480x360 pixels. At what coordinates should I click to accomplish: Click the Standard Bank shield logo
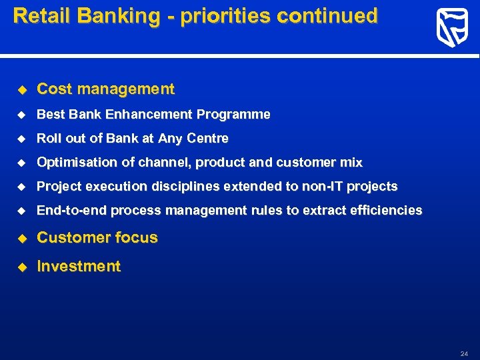[x=452, y=28]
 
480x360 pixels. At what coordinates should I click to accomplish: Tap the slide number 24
[x=464, y=353]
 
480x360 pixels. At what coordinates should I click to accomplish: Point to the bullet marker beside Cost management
[x=21, y=89]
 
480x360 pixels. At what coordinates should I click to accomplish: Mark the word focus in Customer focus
[x=136, y=238]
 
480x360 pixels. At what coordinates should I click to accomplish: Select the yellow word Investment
[x=79, y=267]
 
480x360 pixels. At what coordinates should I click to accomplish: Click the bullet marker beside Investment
[x=21, y=267]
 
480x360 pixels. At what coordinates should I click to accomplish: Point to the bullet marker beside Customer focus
[x=21, y=238]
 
